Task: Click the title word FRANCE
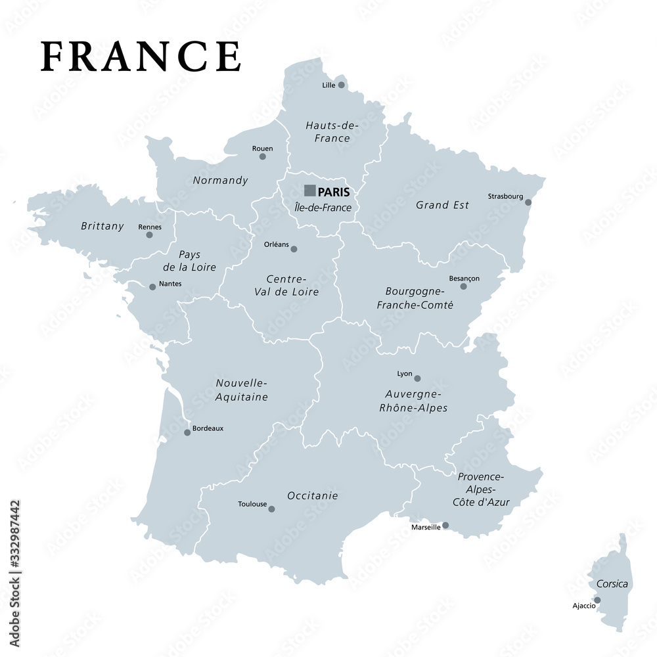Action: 141,56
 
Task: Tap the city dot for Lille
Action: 341,85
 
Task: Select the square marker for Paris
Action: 309,191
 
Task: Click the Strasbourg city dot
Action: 528,202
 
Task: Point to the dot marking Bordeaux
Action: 187,432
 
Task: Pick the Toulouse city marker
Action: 271,509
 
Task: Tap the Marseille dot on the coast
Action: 445,525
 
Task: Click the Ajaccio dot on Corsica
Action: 597,600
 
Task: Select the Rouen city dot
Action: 262,156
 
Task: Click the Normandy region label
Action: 221,180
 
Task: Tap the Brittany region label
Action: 102,226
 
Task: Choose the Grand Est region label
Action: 442,205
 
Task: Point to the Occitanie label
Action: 313,495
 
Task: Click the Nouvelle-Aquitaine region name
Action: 242,390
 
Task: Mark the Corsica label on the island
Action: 612,584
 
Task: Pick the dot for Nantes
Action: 152,286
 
